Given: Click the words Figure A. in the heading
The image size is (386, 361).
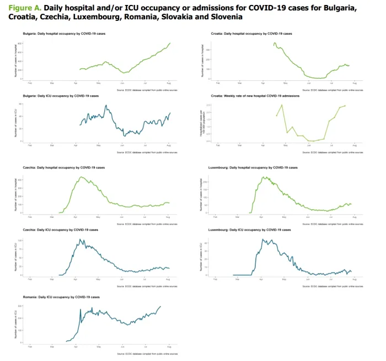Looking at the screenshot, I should [x=23, y=9].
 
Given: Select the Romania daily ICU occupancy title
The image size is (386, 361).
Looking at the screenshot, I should [x=61, y=297].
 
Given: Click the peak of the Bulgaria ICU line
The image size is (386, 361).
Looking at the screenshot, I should [x=106, y=106].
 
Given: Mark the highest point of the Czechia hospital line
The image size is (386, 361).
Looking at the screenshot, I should [x=81, y=177].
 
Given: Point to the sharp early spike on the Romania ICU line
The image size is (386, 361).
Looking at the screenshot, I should [x=81, y=309].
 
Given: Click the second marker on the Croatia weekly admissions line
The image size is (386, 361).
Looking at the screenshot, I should [x=282, y=105].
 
